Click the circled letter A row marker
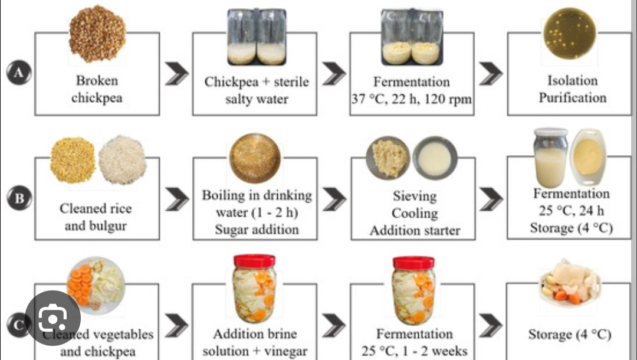point(18,73)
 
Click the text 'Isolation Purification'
point(572,89)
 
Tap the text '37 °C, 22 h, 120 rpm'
point(412,99)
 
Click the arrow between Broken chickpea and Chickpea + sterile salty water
point(176,73)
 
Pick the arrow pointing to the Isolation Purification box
point(490,73)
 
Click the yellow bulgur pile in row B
point(73,159)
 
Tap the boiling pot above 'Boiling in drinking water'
point(255,158)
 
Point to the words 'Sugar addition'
point(257,229)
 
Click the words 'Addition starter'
point(415,230)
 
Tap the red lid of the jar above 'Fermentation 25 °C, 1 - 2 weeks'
point(413,263)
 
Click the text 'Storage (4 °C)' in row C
point(569,335)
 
